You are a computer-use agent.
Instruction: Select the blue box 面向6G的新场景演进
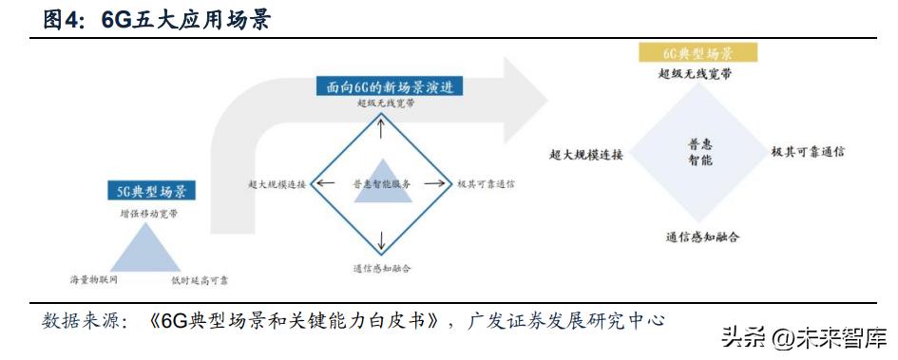(x=389, y=87)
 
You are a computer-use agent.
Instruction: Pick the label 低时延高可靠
(x=200, y=280)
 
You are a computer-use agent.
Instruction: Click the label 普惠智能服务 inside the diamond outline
(x=380, y=184)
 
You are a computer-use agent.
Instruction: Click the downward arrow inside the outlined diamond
(x=381, y=238)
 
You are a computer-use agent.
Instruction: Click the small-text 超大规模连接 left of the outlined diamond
(x=276, y=184)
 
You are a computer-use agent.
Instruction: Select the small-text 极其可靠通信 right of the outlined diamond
(x=485, y=184)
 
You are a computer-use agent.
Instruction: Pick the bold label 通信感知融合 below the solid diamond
(x=702, y=236)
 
